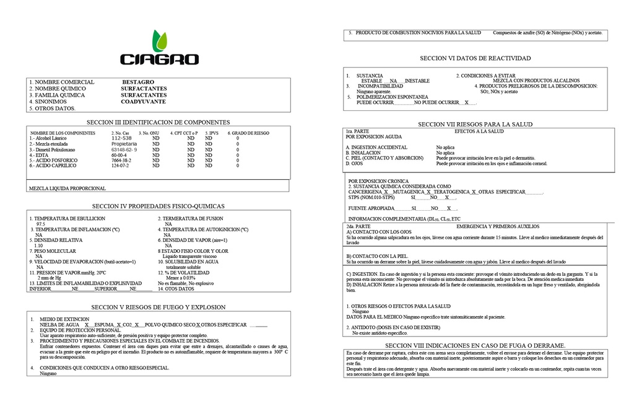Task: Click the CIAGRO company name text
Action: [159, 60]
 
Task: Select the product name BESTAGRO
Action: [138, 82]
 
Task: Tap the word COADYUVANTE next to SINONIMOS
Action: [143, 101]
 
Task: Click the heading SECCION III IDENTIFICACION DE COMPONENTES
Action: [158, 122]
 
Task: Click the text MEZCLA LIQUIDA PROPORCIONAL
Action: [67, 188]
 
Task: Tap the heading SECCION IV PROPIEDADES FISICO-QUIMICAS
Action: [158, 206]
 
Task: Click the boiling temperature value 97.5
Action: [41, 224]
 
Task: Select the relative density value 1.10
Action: [39, 245]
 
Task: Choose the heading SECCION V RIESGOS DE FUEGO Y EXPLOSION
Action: [158, 307]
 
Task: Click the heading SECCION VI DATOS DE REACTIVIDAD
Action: [475, 58]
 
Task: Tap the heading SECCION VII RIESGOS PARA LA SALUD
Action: [475, 124]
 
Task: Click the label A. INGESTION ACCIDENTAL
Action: [376, 148]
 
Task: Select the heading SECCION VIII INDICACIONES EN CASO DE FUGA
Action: [475, 345]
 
